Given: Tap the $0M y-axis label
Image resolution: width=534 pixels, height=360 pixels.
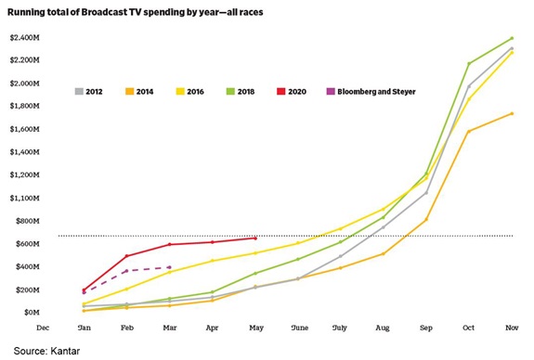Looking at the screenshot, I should [24, 313].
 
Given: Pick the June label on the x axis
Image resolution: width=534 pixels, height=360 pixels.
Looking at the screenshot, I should [298, 328].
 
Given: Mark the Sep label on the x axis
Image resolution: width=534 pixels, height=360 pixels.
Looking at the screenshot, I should [426, 328].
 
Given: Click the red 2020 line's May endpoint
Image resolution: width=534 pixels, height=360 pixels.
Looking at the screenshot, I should [255, 238].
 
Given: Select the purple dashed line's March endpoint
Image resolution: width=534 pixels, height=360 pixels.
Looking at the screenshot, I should [169, 267].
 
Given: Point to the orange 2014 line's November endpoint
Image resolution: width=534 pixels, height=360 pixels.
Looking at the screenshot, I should [512, 113].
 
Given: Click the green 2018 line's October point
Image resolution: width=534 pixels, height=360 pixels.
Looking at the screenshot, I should [469, 63].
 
